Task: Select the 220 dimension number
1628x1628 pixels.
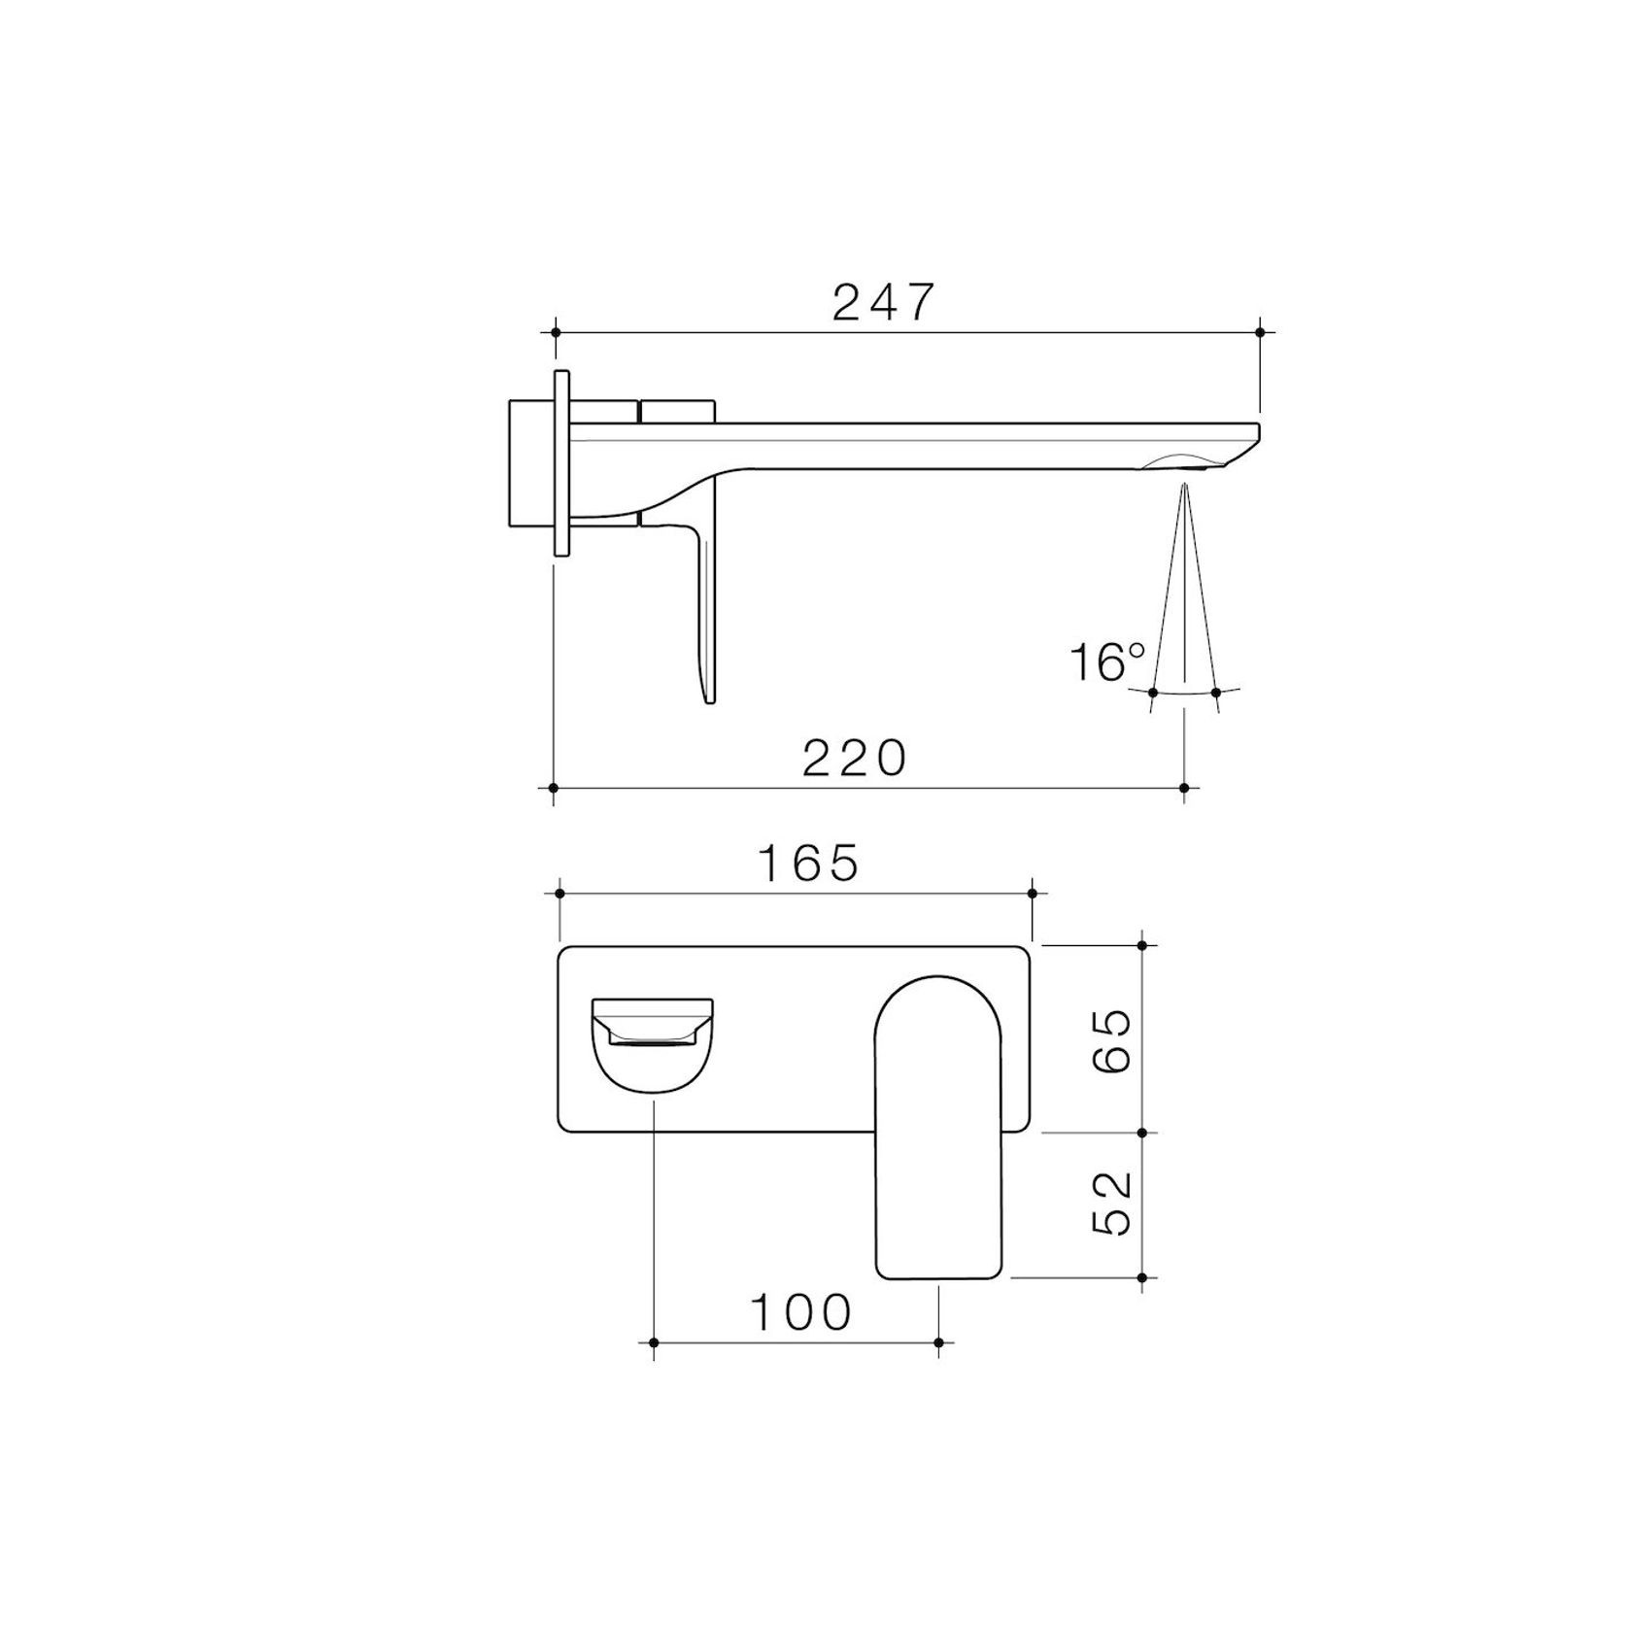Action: click(854, 759)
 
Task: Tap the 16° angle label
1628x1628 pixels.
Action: click(1107, 663)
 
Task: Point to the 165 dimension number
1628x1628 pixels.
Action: click(809, 863)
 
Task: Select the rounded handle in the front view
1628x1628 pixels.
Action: click(938, 1127)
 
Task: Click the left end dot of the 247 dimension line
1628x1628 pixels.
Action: click(556, 332)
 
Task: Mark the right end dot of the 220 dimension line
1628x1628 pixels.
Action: click(1183, 787)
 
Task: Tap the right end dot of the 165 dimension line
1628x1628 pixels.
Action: click(1032, 893)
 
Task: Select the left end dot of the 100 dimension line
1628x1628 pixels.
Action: click(654, 1342)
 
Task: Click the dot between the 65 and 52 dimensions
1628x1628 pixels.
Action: click(1142, 1133)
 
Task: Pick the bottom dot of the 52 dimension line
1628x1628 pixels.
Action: click(1142, 1277)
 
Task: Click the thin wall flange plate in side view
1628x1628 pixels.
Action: click(561, 463)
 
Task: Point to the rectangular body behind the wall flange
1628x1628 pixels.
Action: click(530, 463)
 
